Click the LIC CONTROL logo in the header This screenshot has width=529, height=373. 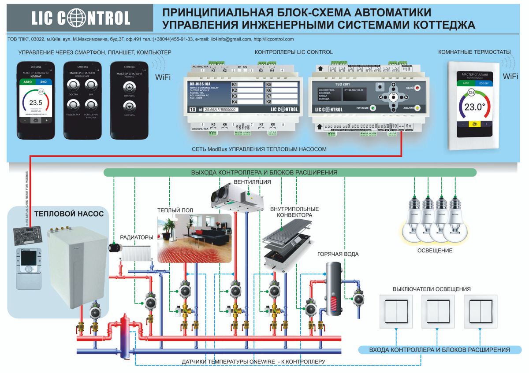(81, 18)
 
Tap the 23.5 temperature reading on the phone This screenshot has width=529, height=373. (35, 103)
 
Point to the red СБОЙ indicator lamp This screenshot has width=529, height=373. (418, 88)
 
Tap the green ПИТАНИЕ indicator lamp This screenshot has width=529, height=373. (373, 107)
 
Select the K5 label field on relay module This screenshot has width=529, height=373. (281, 84)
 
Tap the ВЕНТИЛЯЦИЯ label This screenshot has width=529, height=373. (252, 181)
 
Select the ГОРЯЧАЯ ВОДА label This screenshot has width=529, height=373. (338, 254)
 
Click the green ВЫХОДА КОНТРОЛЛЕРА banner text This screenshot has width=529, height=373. (264, 173)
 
